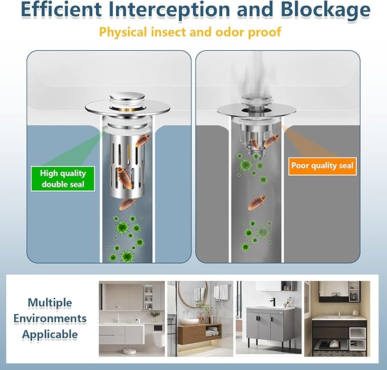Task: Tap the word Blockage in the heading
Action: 325,9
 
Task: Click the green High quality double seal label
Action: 63,178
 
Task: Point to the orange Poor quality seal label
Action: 323,166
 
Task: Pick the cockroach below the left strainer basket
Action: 127,204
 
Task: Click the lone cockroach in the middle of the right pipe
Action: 257,202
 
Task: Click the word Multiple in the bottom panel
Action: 50,303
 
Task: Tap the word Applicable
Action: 50,335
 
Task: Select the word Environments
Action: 50,319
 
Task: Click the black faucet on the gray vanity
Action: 273,302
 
